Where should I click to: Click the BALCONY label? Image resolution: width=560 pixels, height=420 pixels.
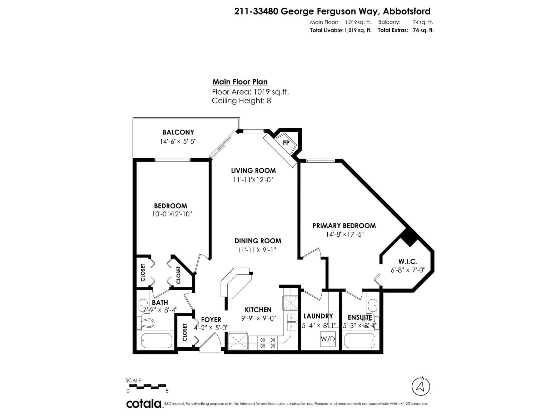(178, 132)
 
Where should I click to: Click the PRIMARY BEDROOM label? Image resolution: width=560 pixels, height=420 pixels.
(344, 226)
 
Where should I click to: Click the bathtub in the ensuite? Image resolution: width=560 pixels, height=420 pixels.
(359, 341)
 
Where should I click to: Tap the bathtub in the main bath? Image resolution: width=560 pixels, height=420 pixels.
(156, 341)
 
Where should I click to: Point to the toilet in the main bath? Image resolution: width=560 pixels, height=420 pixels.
(146, 323)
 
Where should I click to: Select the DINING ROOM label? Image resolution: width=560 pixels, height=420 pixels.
(258, 241)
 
